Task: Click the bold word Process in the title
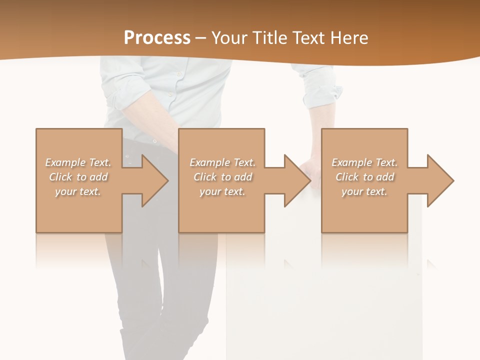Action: point(157,38)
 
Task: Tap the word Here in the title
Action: point(349,38)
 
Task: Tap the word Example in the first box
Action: point(65,162)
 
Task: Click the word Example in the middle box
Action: point(209,162)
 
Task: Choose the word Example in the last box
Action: point(351,162)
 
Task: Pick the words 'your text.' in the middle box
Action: point(222,191)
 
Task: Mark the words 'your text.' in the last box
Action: point(364,191)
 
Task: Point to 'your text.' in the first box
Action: point(77,191)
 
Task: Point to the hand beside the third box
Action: point(311,170)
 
